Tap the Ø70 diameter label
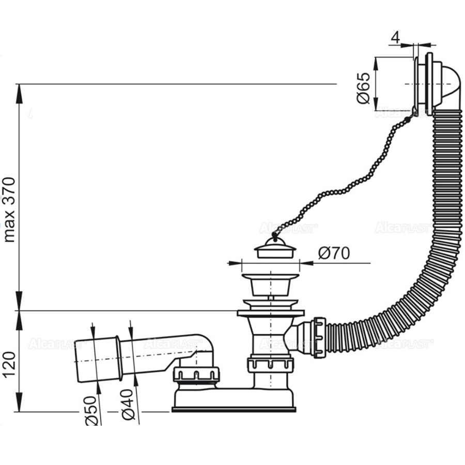334,253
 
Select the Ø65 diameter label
364,88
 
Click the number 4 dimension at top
396,38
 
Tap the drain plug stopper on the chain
275,251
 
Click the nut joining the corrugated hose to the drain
316,338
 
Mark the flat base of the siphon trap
234,408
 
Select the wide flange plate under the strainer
270,313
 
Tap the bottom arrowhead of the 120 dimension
20,406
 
